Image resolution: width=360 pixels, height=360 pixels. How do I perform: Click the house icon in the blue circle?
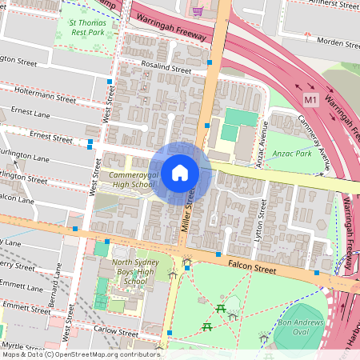(x=180, y=173)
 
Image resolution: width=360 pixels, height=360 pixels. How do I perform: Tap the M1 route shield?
(x=311, y=99)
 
